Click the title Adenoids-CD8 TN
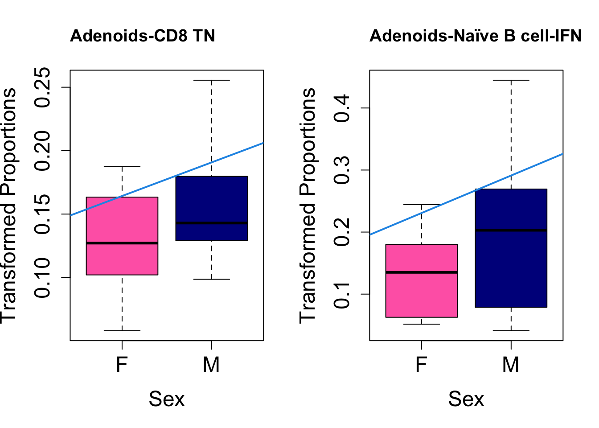point(143,36)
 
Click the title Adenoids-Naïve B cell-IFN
point(476,36)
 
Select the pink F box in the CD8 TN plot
point(122,259)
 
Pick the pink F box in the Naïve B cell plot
point(422,294)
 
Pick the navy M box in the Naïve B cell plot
point(511,267)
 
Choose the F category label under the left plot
point(122,365)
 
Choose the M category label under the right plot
point(511,365)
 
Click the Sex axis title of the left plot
point(166,399)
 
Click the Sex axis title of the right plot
point(466,399)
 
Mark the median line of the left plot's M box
point(211,223)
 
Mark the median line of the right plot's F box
point(422,272)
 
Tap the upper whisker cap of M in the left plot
point(211,80)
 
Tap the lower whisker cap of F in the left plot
point(122,331)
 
